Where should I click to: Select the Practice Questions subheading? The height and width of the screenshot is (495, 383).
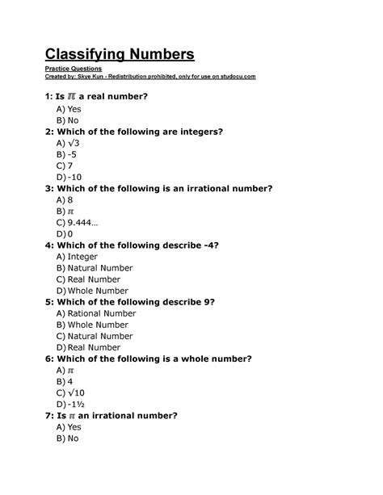click(71, 69)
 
